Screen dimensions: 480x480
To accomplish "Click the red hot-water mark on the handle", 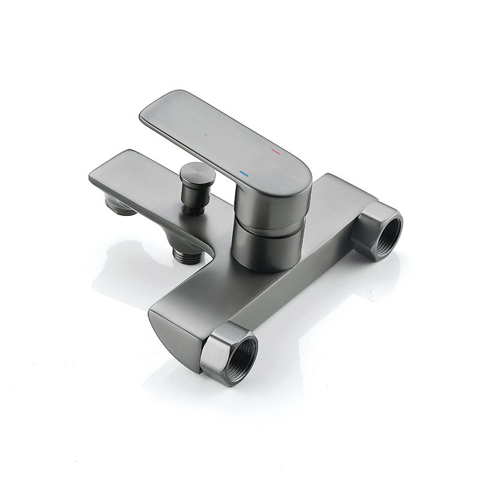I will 276,152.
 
